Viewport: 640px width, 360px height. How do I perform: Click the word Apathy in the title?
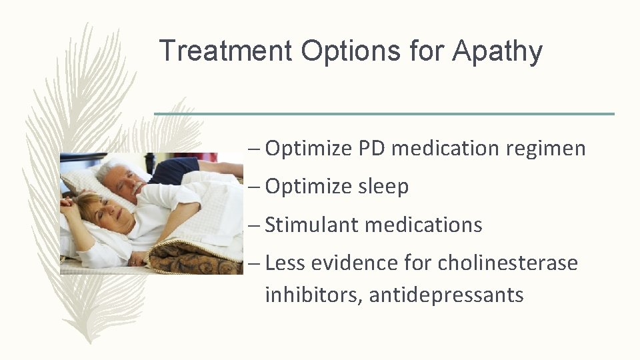[497, 51]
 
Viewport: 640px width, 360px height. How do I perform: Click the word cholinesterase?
[507, 263]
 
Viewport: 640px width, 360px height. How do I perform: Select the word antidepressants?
[446, 294]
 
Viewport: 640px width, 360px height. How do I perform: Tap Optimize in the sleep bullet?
[308, 187]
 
